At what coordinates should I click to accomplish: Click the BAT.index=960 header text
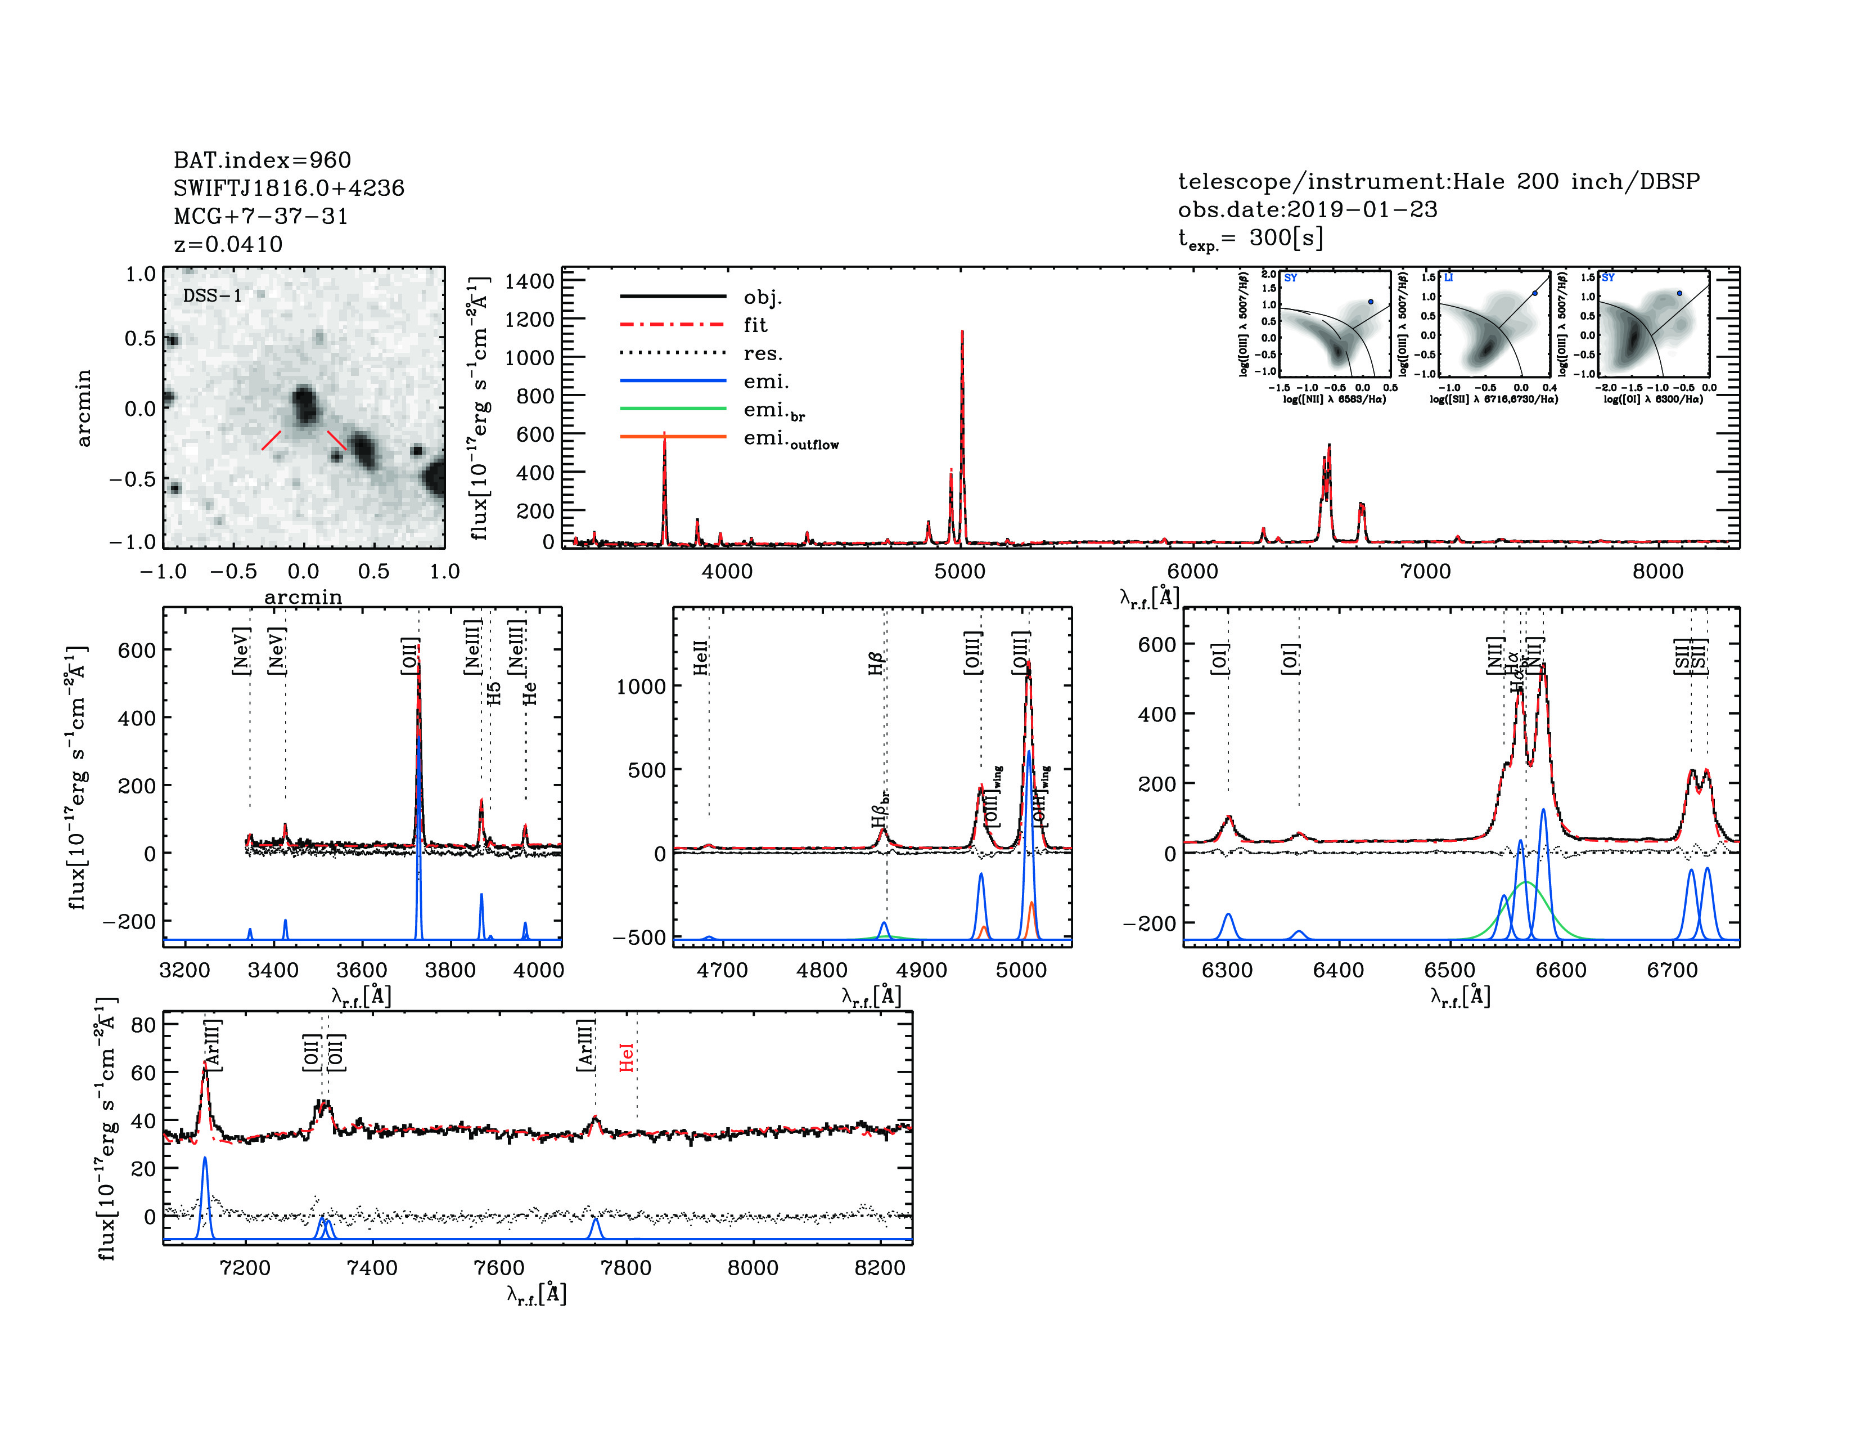(x=262, y=160)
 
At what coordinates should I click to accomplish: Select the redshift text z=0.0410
(x=228, y=244)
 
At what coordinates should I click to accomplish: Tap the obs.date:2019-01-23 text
(x=1307, y=209)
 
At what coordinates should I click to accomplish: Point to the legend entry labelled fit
(x=755, y=325)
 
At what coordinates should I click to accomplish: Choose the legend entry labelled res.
(x=762, y=353)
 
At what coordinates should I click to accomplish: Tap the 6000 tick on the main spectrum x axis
(x=1192, y=571)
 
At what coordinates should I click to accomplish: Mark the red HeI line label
(x=627, y=1059)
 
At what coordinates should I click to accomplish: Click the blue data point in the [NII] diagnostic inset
(x=1370, y=302)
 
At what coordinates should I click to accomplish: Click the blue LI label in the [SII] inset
(x=1448, y=278)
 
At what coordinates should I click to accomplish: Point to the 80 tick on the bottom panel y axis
(x=143, y=1024)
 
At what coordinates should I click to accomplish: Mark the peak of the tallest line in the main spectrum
(x=962, y=333)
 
